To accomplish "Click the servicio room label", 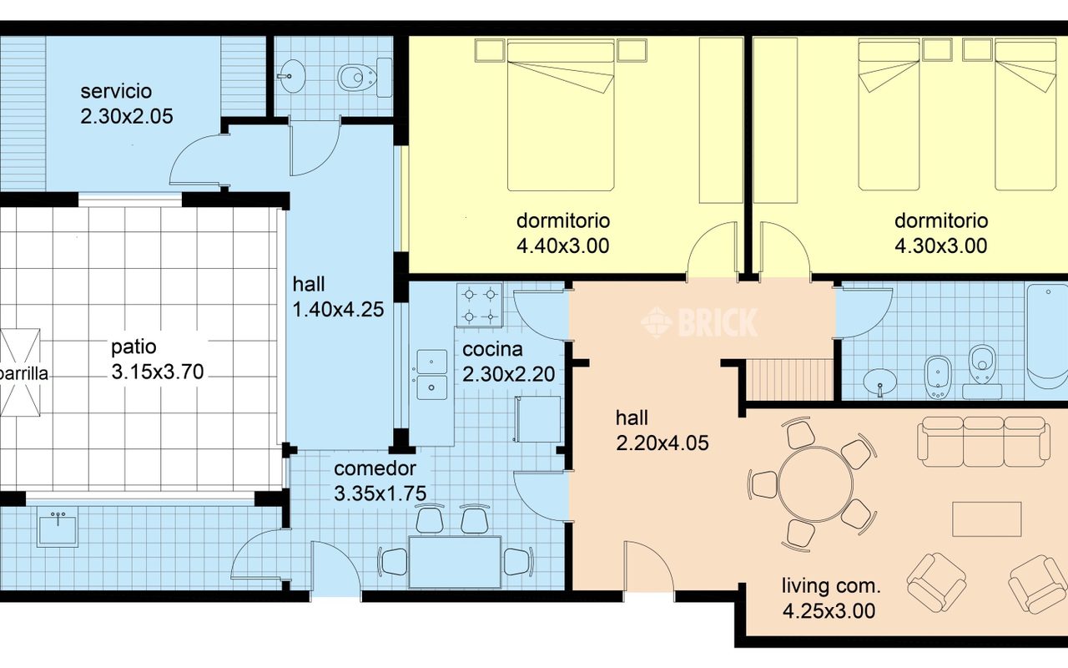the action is [x=116, y=91].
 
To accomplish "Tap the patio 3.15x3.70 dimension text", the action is [x=158, y=372].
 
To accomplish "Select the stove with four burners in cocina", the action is [x=480, y=306].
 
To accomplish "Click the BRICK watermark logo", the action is [x=699, y=322].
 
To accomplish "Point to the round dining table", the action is [x=815, y=484].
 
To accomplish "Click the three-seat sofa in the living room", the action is [x=984, y=442].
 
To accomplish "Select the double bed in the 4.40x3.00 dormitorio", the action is [x=561, y=115].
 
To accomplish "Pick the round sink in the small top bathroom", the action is [x=291, y=76].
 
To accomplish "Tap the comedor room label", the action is [x=375, y=468].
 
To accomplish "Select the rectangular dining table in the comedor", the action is [x=455, y=562].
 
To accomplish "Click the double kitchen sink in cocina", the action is [x=432, y=375].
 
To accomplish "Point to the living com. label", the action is [x=831, y=586].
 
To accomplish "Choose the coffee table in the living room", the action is [x=987, y=519].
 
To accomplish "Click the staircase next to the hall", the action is [x=789, y=380].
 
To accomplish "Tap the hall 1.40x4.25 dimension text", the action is [x=338, y=310].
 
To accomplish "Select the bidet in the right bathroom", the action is [x=938, y=377].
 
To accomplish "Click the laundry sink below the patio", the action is [x=58, y=526].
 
